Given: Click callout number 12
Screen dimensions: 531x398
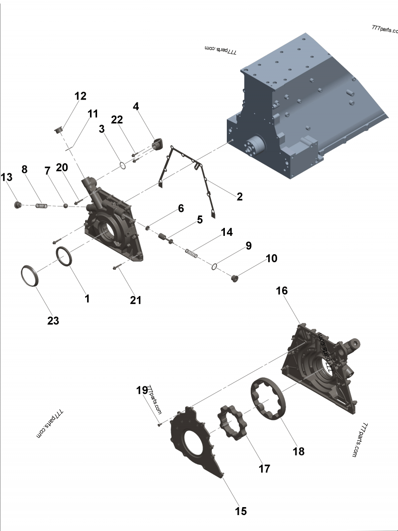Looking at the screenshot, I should [x=80, y=96].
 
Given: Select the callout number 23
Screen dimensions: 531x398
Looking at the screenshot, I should [x=53, y=321].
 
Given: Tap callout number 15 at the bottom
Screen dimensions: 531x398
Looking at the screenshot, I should [x=241, y=511].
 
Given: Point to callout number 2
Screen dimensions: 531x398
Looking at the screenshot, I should [x=239, y=197].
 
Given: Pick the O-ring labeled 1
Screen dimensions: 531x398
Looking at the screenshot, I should [x=64, y=256].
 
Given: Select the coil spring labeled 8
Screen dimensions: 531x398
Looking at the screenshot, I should [x=44, y=205].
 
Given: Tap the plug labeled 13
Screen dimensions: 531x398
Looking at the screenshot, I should [x=18, y=204].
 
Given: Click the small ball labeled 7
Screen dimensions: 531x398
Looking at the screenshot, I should [x=65, y=205].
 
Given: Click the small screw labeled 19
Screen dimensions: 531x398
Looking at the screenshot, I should [x=159, y=424].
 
